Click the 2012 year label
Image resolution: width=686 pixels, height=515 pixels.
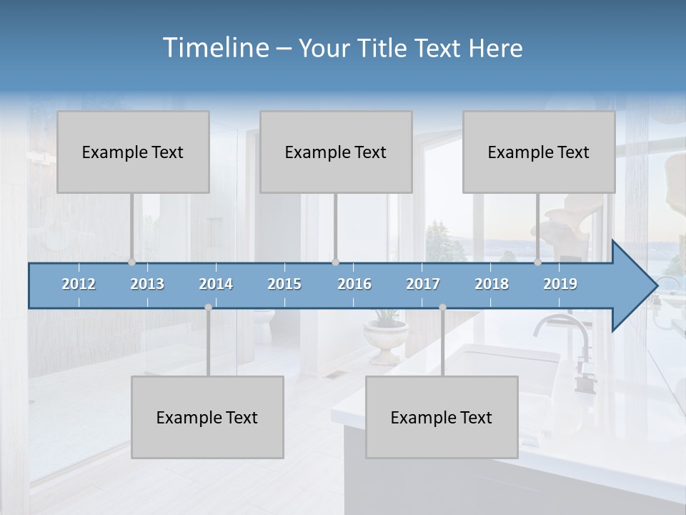[x=79, y=284]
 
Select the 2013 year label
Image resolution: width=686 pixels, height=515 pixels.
[x=147, y=284]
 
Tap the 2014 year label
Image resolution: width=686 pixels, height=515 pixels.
[x=216, y=284]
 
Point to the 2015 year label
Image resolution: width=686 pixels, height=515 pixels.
[x=284, y=284]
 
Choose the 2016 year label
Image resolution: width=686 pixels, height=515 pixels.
[x=354, y=284]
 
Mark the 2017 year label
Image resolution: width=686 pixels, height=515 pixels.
[x=423, y=284]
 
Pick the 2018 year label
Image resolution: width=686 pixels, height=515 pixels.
[x=492, y=284]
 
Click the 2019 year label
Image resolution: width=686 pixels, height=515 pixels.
[x=560, y=284]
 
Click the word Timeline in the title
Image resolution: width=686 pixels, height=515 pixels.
[x=214, y=48]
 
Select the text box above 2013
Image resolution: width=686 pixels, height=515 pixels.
[x=133, y=152]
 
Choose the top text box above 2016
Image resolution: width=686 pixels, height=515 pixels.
[x=336, y=152]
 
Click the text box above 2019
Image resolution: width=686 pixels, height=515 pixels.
[x=539, y=152]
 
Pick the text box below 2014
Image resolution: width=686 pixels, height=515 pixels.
[x=207, y=417]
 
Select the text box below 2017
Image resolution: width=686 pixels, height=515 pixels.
[x=442, y=417]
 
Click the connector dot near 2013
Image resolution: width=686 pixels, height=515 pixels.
[x=132, y=262]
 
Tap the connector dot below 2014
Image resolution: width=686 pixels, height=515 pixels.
[x=208, y=308]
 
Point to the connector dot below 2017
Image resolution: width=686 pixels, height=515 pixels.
[x=442, y=308]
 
